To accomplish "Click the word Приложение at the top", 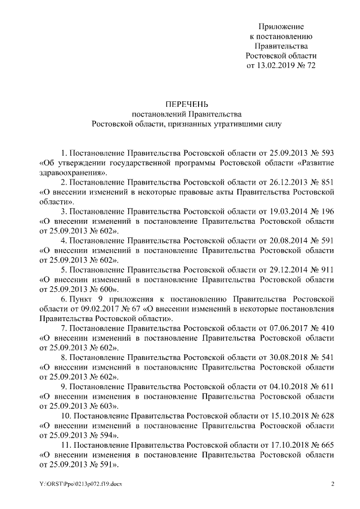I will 281,26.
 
